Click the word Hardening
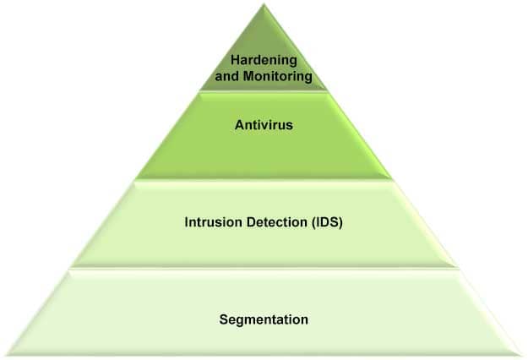pyautogui.click(x=264, y=61)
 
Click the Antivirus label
pyautogui.click(x=264, y=127)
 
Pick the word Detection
pyautogui.click(x=273, y=223)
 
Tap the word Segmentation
pyautogui.click(x=264, y=319)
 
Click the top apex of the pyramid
pyautogui.click(x=264, y=4)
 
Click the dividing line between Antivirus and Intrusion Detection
pyautogui.click(x=264, y=178)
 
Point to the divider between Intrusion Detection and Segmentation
pyautogui.click(x=264, y=269)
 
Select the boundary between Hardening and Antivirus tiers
pyautogui.click(x=264, y=91)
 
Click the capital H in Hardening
pyautogui.click(x=236, y=61)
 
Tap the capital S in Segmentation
pyautogui.click(x=223, y=319)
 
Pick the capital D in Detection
pyautogui.click(x=248, y=223)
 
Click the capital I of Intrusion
pyautogui.click(x=187, y=223)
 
